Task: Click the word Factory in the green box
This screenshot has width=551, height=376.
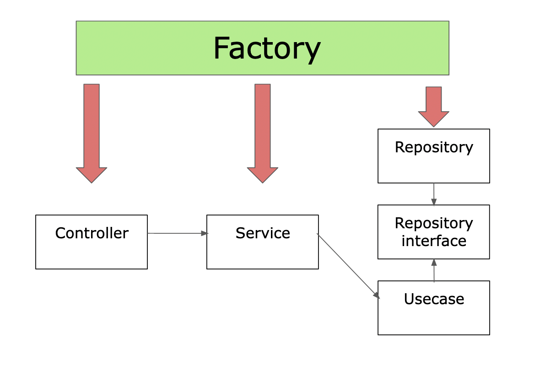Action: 267,48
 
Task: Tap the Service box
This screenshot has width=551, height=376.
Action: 262,252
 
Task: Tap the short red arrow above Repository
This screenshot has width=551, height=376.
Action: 433,105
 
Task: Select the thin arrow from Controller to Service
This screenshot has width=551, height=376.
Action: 176,233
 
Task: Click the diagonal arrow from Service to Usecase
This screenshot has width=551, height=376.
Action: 348,266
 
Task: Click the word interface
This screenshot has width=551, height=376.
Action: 433,241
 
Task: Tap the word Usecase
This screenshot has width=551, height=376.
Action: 434,299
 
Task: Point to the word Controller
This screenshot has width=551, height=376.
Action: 92,233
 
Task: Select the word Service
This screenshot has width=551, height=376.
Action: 263,233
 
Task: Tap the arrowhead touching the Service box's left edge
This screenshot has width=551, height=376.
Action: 205,233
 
